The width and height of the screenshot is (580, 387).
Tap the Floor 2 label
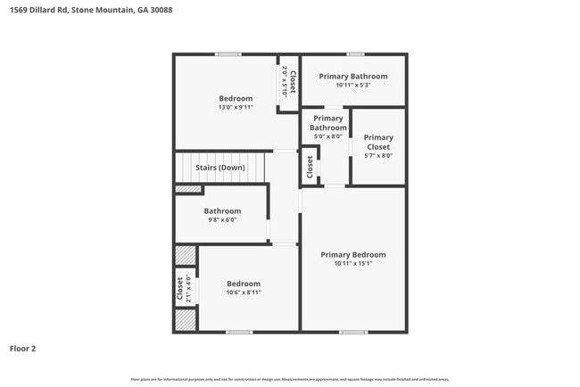pyautogui.click(x=23, y=348)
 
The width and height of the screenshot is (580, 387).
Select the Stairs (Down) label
pyautogui.click(x=220, y=168)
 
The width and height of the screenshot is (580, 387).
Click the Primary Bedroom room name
pyautogui.click(x=353, y=254)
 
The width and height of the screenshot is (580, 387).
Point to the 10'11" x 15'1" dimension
pyautogui.click(x=353, y=263)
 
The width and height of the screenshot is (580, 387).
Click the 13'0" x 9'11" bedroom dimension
pyautogui.click(x=236, y=107)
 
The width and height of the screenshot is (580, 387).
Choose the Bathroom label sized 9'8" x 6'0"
pyautogui.click(x=222, y=211)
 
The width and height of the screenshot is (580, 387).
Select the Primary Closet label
pyautogui.click(x=378, y=143)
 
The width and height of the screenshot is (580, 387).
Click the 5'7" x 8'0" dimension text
pyautogui.click(x=378, y=156)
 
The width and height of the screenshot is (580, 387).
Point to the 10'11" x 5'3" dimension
pyautogui.click(x=353, y=86)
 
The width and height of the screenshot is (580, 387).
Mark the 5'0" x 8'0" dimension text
pyautogui.click(x=328, y=137)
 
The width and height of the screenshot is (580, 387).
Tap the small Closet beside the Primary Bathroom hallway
pyautogui.click(x=310, y=167)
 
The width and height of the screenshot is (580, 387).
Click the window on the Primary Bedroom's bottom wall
pyautogui.click(x=352, y=332)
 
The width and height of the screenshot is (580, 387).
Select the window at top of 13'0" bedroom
pyautogui.click(x=228, y=54)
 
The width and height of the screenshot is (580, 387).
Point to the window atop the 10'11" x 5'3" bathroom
pyautogui.click(x=355, y=54)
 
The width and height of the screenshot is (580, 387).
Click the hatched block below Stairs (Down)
pyautogui.click(x=188, y=189)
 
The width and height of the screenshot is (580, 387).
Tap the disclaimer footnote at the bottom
pyautogui.click(x=289, y=380)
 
